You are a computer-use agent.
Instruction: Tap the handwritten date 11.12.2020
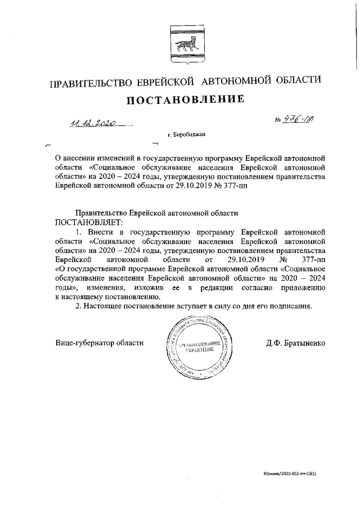(x=93, y=122)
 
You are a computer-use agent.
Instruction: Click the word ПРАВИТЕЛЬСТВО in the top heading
(x=91, y=83)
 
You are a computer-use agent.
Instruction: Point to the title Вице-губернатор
(x=82, y=343)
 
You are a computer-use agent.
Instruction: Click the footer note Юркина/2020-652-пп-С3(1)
(x=290, y=475)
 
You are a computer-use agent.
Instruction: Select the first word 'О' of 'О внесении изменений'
(x=58, y=157)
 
